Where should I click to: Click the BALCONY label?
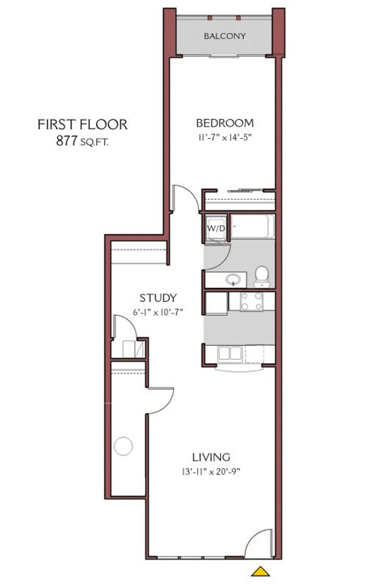225,36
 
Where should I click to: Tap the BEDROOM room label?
225,123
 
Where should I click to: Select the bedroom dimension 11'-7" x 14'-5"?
225,138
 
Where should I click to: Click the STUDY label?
158,297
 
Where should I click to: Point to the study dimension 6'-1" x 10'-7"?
158,312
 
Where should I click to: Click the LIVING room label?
211,457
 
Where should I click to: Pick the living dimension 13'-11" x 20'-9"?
211,472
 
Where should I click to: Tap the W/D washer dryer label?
216,228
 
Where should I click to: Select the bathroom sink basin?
233,279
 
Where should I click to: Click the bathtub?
252,227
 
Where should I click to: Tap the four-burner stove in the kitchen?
251,301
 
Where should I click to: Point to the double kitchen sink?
230,353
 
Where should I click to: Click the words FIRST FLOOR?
82,124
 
